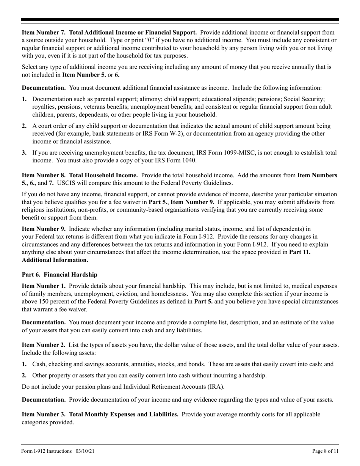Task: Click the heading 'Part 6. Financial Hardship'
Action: click(59, 275)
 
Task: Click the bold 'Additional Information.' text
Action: click(55, 260)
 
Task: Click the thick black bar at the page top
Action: click(180, 20)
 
